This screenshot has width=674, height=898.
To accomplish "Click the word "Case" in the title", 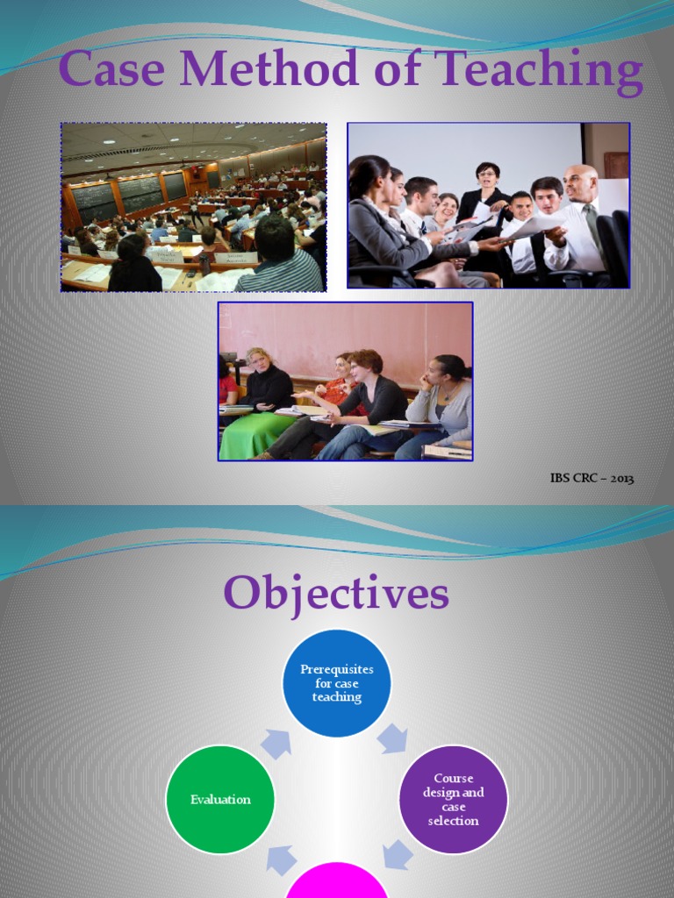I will [x=111, y=70].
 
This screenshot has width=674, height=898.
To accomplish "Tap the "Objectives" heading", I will [x=336, y=594].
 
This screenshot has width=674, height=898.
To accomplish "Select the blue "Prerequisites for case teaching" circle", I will [x=336, y=683].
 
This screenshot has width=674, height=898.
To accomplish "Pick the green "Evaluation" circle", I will [x=220, y=799].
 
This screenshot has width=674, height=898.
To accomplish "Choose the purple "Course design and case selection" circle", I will [x=453, y=799].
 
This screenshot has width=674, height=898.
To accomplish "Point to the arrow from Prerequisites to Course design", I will [x=392, y=738].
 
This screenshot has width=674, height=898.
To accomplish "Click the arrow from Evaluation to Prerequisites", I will [x=276, y=744].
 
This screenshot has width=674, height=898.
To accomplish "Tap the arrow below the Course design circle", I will [x=398, y=854].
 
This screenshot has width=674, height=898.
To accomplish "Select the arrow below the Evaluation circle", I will [x=282, y=859].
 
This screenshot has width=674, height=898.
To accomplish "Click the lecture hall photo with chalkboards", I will [x=194, y=207].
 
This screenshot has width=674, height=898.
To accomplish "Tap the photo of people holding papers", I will [x=488, y=205].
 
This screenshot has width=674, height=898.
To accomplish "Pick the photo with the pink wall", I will [x=345, y=381].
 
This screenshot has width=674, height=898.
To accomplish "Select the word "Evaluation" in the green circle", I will [x=220, y=799].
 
